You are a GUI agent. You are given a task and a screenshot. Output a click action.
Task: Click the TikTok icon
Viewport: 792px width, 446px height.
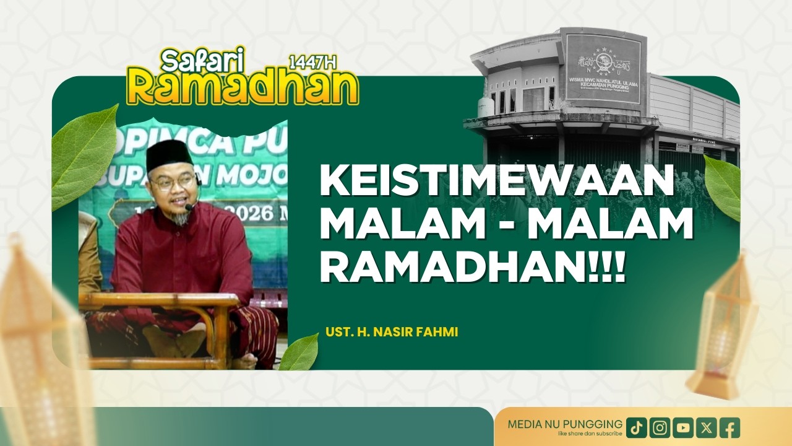pos(637,427)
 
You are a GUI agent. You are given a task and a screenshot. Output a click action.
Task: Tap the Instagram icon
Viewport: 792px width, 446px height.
pos(660,427)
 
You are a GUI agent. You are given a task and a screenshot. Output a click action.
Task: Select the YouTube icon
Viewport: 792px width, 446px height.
pos(683,427)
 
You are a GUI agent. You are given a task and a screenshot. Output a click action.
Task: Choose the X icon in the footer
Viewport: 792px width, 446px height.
pos(707,427)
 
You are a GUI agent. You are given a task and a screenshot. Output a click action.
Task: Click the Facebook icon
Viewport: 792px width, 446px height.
pos(730,427)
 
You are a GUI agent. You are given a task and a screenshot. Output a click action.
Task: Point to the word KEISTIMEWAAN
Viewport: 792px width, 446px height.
pos(496,182)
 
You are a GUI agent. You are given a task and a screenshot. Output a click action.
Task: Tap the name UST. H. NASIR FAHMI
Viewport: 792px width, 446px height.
pos(392,333)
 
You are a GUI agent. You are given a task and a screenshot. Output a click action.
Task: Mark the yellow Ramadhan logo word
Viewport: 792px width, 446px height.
pos(243,87)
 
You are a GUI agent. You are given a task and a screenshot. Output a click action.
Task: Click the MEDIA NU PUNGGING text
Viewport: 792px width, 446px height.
pos(565,424)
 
